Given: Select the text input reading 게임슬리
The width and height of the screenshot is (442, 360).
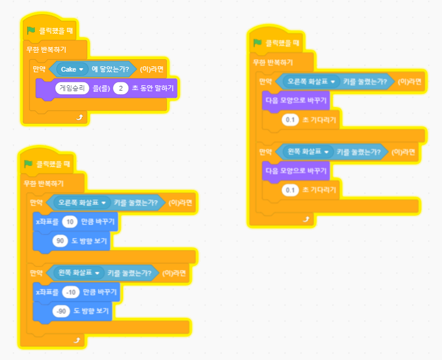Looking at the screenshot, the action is tap(70, 88).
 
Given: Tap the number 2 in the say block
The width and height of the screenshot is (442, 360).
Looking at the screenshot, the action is tap(121, 88).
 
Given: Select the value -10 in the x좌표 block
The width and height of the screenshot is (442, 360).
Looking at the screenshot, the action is tap(72, 292).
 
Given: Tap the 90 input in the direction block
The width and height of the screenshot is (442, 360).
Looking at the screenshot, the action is tap(59, 240).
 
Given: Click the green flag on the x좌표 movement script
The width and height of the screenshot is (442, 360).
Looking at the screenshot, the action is tap(27, 164).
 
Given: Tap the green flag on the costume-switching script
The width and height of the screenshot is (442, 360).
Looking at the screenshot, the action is tap(257, 43).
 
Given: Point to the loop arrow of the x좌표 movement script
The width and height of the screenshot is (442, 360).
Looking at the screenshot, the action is tap(76, 340).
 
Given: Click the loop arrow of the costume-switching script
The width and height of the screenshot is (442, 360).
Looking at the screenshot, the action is tap(305, 218).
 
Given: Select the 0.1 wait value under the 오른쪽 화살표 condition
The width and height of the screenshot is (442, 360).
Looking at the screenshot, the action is tap(290, 120).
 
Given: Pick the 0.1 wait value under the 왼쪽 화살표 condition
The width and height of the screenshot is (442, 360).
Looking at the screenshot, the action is tap(290, 189).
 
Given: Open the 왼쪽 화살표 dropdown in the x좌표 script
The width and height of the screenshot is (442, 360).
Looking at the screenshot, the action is tap(78, 273).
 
